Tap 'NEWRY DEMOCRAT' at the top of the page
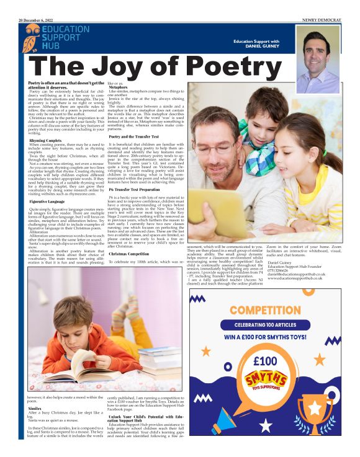pyautogui.click(x=321, y=20)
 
